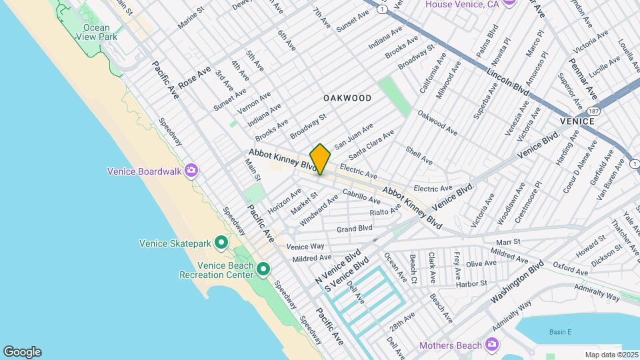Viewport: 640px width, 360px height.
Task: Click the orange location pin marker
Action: pos(320,159)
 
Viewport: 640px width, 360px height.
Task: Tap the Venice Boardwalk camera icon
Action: pos(191,171)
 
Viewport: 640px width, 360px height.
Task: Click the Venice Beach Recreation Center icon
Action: pos(263,269)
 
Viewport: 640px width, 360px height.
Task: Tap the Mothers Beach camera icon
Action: pos(492,345)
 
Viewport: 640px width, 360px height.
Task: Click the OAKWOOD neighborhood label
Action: pos(347,98)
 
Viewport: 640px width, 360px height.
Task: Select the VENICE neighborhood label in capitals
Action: pos(577,121)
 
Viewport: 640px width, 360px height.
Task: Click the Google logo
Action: pos(22,351)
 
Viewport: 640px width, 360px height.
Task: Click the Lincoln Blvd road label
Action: pos(507,82)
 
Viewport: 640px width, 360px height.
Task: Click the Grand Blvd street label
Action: pos(354,229)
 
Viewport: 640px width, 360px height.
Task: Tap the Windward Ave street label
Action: pos(319,209)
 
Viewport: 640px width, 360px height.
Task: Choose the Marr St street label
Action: pos(507,241)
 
